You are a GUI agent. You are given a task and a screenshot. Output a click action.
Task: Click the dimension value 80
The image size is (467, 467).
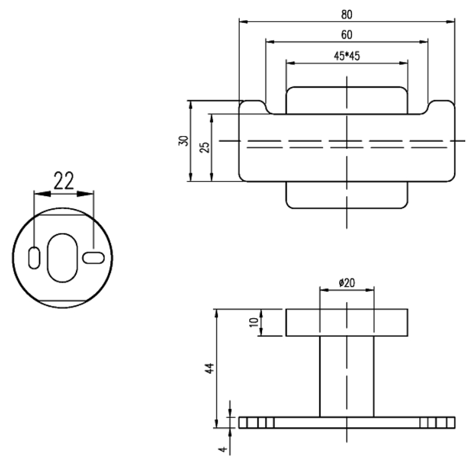[x=347, y=15]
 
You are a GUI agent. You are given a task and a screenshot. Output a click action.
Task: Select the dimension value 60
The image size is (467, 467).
[x=347, y=35]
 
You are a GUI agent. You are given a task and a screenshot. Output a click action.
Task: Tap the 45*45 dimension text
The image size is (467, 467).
[x=347, y=55]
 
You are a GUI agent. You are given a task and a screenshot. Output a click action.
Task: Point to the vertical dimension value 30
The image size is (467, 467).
[x=183, y=141]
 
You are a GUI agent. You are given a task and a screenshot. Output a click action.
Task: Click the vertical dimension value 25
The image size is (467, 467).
[x=204, y=148]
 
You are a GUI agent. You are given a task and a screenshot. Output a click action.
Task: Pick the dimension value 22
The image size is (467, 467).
[x=64, y=181]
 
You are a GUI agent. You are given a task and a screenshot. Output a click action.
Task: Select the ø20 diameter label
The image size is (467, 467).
[x=347, y=283]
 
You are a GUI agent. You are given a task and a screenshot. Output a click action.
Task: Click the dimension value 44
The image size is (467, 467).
[x=210, y=368]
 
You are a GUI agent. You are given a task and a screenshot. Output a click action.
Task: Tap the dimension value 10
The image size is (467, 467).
[x=254, y=322]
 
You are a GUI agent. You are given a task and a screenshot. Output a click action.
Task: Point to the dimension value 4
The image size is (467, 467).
[x=223, y=449]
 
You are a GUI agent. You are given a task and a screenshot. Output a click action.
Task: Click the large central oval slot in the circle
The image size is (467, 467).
[x=62, y=258]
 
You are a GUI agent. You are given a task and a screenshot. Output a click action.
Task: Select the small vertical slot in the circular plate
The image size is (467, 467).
[x=34, y=258]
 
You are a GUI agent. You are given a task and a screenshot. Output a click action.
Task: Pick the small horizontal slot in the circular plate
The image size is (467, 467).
[x=93, y=258]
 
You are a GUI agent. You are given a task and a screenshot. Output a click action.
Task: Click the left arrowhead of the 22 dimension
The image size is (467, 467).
[x=42, y=194]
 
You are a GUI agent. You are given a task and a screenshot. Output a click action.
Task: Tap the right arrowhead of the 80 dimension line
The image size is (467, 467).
[x=450, y=22]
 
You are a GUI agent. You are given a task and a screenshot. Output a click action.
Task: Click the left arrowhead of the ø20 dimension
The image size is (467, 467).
[x=325, y=290]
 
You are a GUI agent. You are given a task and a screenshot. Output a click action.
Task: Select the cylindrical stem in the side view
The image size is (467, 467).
[x=347, y=377]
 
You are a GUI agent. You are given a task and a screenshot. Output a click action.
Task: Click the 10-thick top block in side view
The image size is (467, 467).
[x=347, y=323]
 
